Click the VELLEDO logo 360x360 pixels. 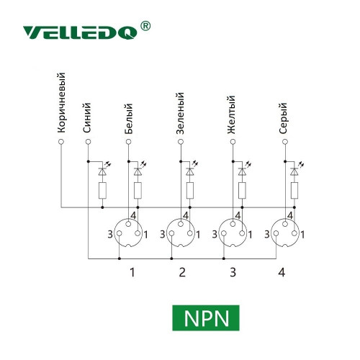tap(81, 32)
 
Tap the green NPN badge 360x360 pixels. tap(206, 318)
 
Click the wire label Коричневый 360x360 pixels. tap(61, 103)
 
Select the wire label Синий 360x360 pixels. tap(87, 117)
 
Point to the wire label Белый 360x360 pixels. tap(129, 119)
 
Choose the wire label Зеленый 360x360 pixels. tap(180, 113)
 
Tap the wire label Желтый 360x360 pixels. tap(231, 114)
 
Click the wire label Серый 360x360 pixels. tap(283, 118)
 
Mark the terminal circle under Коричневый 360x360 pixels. tap(61, 142)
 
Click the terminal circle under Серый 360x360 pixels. tap(285, 142)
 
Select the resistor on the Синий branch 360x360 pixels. tap(102, 191)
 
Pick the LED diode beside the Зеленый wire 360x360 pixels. tap(190, 171)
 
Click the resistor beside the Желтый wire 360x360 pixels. tap(242, 191)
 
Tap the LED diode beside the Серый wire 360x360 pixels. tap(294, 171)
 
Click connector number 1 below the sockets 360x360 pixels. tap(132, 272)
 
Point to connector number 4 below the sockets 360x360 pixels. tap(282, 272)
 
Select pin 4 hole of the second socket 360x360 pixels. tap(181, 224)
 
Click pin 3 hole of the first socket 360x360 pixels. tap(120, 233)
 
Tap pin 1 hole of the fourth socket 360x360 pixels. tap(294, 233)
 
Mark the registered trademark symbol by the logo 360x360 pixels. tap(145, 26)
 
